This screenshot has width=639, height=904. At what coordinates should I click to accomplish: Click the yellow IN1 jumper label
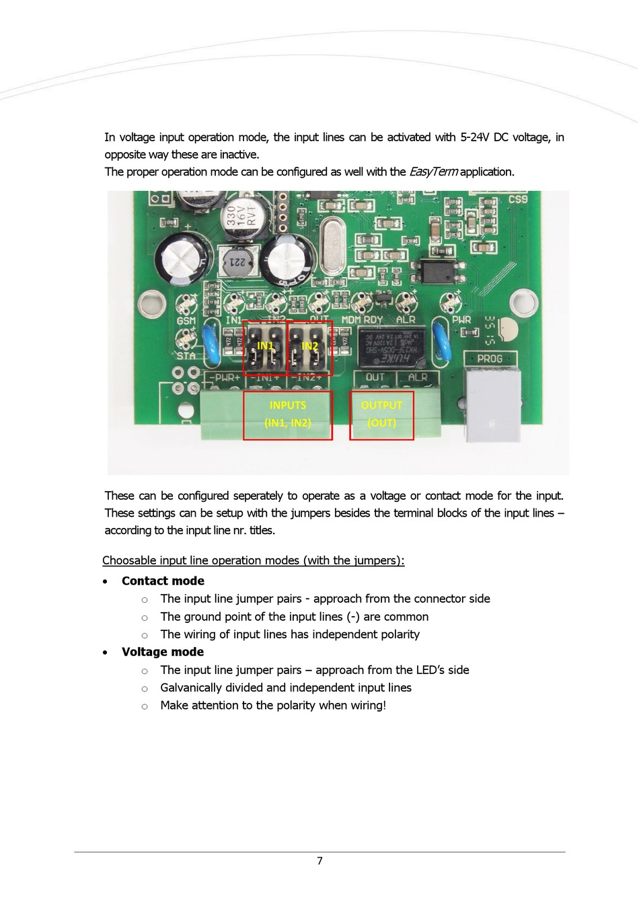[265, 346]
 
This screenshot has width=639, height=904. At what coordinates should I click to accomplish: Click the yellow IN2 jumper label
[309, 346]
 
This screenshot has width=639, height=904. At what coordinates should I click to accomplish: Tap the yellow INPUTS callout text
[288, 406]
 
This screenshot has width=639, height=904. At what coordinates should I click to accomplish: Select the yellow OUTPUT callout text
[381, 406]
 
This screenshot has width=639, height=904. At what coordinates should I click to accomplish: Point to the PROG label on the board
[490, 359]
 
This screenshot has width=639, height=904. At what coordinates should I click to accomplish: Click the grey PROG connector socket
[494, 404]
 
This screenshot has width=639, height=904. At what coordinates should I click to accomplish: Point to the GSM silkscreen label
[186, 322]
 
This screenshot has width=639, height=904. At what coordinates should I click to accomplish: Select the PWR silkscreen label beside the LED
[461, 320]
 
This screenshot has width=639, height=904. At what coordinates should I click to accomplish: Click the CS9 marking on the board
[518, 200]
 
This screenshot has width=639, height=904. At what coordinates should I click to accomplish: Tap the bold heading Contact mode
[163, 581]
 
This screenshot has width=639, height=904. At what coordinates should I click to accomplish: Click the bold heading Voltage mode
[163, 652]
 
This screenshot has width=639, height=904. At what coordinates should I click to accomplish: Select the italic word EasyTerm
[433, 172]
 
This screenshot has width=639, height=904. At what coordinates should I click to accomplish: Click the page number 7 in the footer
[319, 861]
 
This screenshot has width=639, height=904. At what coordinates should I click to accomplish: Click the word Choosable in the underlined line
[130, 560]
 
